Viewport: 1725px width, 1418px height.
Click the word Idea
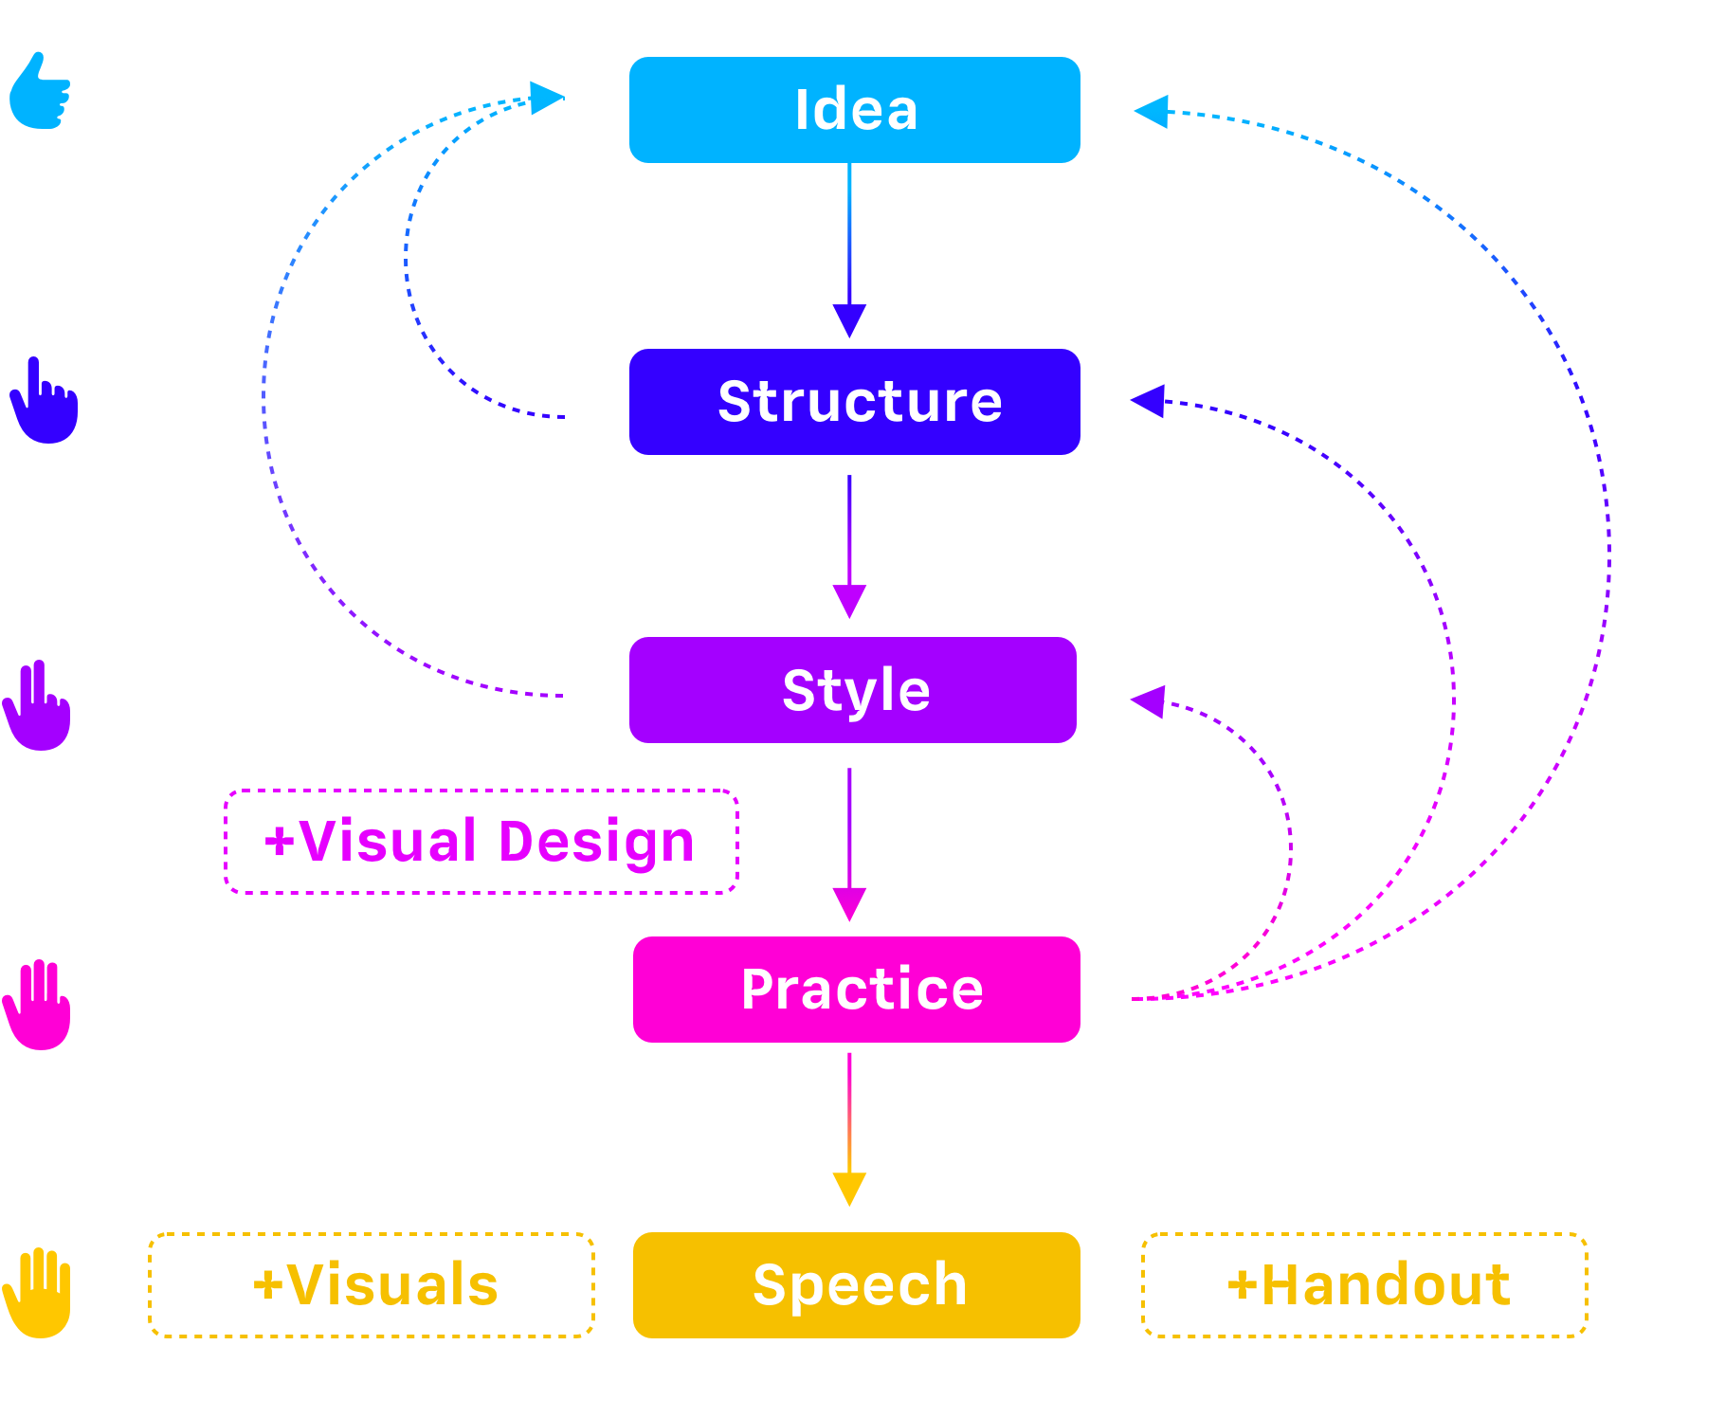tap(856, 110)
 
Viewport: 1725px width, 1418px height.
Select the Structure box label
tap(860, 402)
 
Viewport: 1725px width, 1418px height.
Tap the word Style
tap(856, 690)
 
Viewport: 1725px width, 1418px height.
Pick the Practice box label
tap(862, 990)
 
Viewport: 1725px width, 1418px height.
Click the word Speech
tap(860, 1285)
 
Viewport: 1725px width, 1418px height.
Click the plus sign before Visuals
tap(266, 1288)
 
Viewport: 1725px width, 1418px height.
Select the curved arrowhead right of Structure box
tap(1167, 408)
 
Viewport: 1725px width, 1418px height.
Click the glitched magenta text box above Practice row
tap(480, 848)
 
